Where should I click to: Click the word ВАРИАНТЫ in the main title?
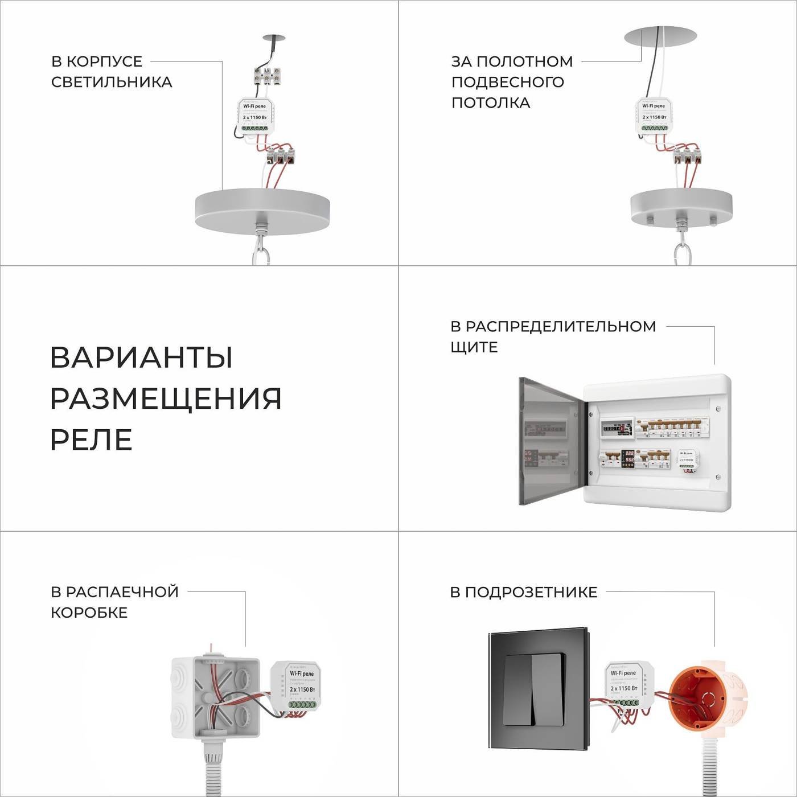141,358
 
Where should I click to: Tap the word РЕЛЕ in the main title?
91,439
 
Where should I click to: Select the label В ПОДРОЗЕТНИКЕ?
523,592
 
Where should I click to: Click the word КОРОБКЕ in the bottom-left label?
89,613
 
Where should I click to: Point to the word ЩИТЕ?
474,347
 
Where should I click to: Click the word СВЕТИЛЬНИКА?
112,82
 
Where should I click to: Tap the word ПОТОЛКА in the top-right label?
491,102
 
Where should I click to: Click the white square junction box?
216,697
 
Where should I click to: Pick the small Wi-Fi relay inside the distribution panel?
687,459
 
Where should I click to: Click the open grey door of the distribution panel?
550,441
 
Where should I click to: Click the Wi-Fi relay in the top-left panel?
255,116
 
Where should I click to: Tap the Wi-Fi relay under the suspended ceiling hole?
654,116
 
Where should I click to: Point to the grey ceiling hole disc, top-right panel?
660,36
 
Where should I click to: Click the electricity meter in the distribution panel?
618,428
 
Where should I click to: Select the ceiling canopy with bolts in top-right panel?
681,208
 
